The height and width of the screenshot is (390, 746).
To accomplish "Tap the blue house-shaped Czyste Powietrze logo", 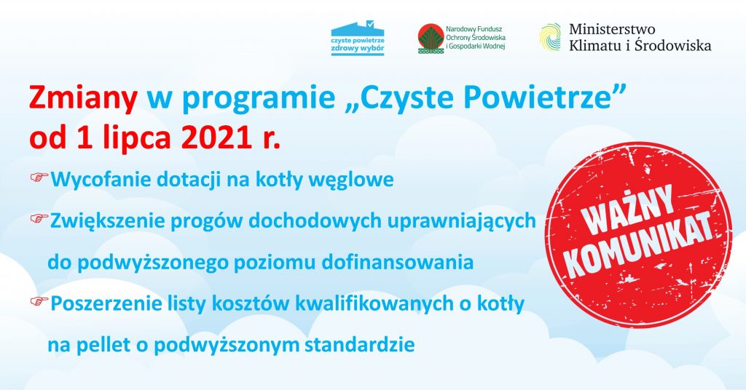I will (358, 39).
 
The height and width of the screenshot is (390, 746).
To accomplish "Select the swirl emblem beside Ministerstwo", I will (550, 37).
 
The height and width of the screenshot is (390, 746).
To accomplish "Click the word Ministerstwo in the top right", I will (611, 29).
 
